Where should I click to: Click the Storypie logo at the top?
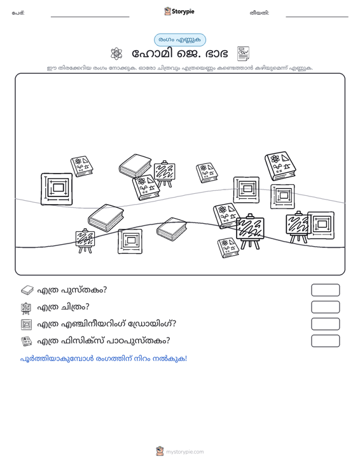click(179, 11)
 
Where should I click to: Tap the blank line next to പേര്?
click(90, 17)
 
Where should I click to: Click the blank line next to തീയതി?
click(317, 17)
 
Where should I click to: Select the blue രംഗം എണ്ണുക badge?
click(180, 40)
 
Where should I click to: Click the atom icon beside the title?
click(116, 54)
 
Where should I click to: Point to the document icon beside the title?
click(243, 53)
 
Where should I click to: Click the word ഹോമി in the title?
click(152, 54)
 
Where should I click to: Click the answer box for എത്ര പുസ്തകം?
click(325, 290)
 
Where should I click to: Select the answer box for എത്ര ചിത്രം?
click(325, 307)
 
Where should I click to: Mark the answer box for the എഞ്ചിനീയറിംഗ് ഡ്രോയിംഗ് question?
click(325, 324)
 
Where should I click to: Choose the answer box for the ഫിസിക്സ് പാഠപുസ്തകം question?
click(325, 341)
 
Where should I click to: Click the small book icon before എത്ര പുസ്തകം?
click(27, 290)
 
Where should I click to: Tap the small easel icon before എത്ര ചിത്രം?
click(26, 308)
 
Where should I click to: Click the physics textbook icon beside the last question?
click(27, 341)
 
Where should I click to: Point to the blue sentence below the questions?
click(104, 359)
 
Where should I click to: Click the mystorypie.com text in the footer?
click(184, 452)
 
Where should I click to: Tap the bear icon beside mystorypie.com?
click(160, 451)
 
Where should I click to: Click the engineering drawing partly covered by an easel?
click(321, 225)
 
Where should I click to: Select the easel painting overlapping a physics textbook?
click(250, 231)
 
